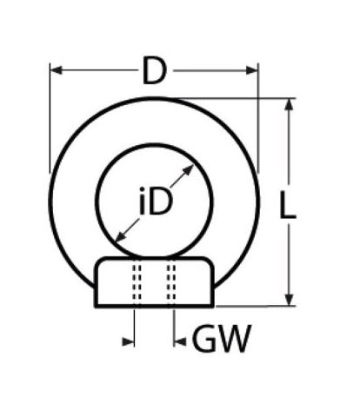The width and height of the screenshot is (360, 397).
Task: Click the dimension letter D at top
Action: click(155, 71)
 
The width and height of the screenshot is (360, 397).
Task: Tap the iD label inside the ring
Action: click(156, 202)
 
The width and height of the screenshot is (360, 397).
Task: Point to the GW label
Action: click(222, 338)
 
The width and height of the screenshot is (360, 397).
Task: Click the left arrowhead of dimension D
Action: click(56, 70)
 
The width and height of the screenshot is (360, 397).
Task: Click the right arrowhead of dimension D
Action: click(251, 70)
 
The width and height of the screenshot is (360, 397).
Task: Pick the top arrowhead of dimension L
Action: click(289, 104)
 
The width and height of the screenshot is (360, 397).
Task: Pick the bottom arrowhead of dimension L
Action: click(289, 300)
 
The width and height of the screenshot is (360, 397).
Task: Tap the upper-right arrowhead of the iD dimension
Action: click(188, 170)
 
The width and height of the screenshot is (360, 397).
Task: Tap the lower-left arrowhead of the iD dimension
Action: click(121, 236)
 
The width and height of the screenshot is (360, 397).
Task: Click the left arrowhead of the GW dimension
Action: click(128, 341)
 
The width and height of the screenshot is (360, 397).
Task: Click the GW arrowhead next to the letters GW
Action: click(180, 341)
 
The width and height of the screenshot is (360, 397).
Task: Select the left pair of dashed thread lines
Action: click(137, 282)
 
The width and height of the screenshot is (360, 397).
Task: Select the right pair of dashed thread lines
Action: click(171, 282)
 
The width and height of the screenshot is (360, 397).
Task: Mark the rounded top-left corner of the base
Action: click(99, 261)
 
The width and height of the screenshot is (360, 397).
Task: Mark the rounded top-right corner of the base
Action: click(210, 261)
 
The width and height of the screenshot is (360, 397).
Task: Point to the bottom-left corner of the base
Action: click(96, 307)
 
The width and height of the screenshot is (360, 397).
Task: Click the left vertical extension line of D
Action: click(50, 118)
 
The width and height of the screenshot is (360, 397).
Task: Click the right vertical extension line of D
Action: click(258, 118)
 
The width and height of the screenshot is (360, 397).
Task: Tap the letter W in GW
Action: click(233, 338)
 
